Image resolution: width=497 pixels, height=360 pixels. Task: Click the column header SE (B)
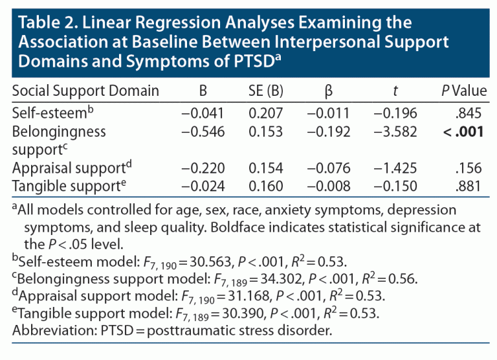point(266,91)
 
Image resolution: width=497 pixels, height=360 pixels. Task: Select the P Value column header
point(463,91)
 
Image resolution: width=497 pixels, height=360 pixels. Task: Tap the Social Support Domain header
point(85,91)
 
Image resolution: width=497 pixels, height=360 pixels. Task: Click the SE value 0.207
point(266,114)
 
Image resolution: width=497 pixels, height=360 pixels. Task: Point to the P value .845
point(469,114)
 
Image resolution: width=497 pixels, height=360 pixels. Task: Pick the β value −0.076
point(328,169)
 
